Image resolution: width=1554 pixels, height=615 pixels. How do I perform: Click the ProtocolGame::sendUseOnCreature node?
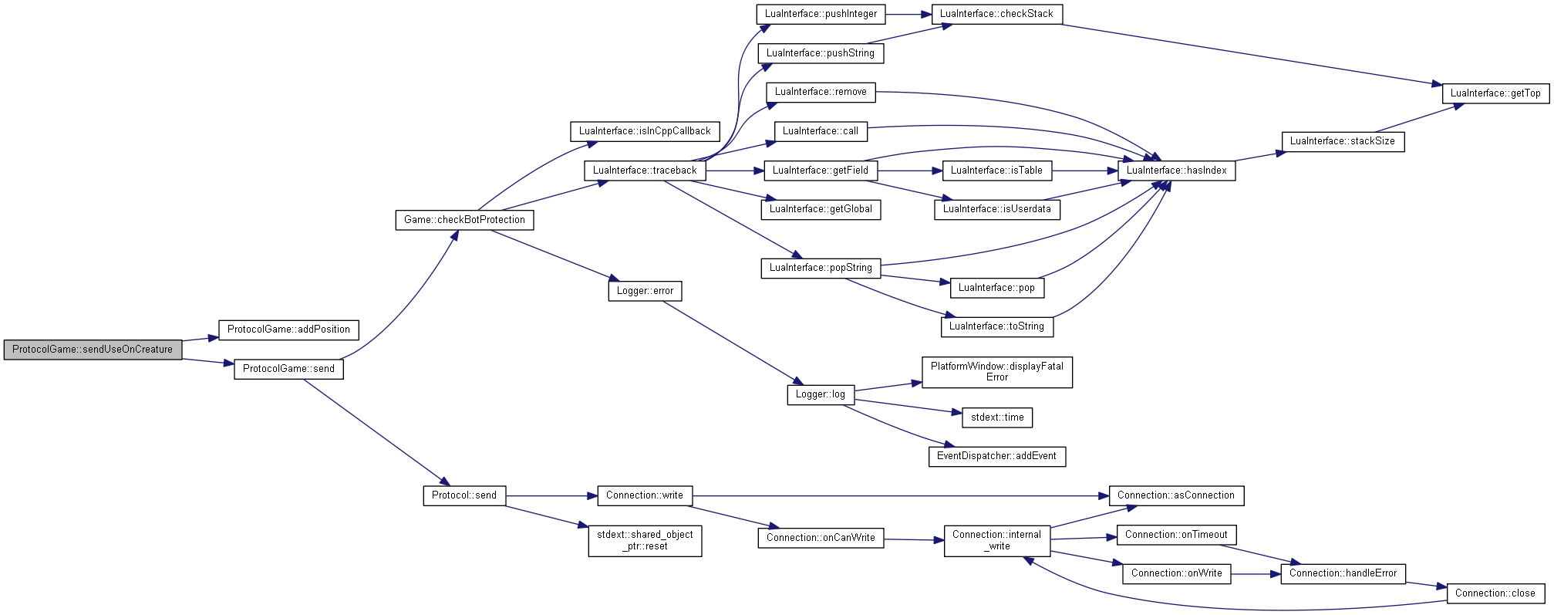(x=93, y=350)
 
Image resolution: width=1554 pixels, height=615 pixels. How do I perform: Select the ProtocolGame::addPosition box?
(x=288, y=329)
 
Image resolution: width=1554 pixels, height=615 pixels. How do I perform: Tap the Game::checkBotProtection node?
(x=464, y=220)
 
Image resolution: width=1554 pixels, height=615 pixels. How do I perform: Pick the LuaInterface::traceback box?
(x=645, y=171)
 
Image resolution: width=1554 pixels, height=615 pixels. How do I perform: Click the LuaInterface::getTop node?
(x=1495, y=93)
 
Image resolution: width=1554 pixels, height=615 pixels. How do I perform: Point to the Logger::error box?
(x=645, y=291)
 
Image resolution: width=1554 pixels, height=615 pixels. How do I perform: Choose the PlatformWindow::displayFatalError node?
(x=996, y=372)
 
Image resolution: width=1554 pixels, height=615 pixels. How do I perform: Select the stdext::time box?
(x=997, y=417)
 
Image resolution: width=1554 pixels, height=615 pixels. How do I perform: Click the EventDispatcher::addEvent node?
(x=996, y=456)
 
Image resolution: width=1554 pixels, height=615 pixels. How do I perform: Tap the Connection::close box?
(x=1495, y=593)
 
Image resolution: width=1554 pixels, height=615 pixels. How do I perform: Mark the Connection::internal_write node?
(x=996, y=540)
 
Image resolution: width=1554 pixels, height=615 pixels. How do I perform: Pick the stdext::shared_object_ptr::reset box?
(x=645, y=540)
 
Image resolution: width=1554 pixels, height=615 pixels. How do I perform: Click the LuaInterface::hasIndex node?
(x=1176, y=171)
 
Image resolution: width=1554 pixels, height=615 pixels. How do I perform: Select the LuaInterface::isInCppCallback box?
(x=645, y=131)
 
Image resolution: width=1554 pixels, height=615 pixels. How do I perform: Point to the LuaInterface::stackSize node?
(x=1343, y=141)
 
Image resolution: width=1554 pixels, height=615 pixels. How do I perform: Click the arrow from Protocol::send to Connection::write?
(x=551, y=496)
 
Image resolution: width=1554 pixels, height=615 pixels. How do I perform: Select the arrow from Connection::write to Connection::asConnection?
(x=901, y=496)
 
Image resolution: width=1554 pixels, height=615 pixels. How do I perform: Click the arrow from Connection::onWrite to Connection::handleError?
(x=1256, y=574)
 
